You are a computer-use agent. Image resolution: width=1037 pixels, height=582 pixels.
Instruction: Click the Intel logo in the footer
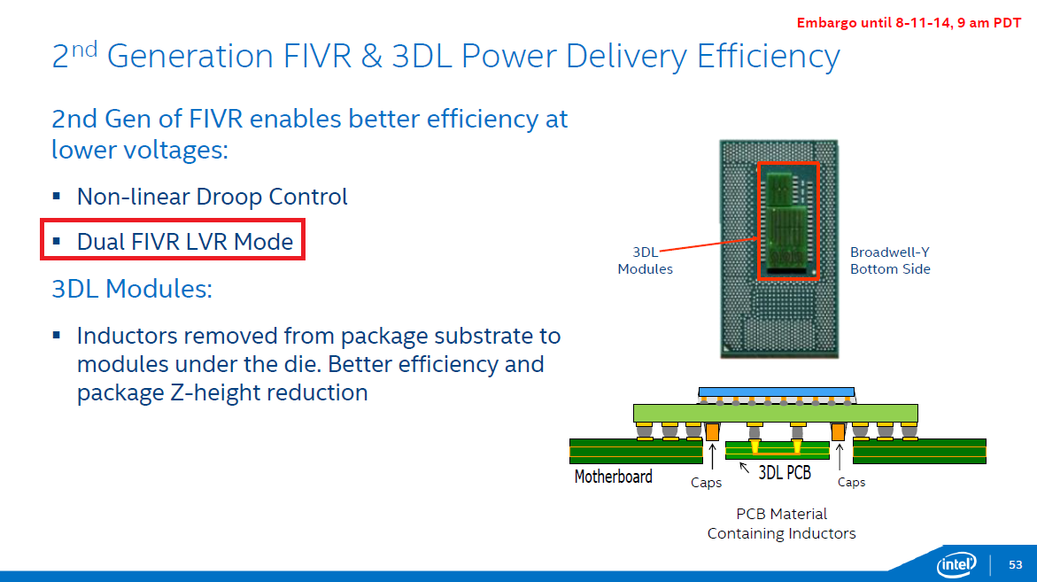coord(957,564)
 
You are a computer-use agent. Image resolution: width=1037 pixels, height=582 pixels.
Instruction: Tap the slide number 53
coord(1015,564)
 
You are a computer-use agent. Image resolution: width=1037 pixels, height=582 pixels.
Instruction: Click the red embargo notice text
coord(909,23)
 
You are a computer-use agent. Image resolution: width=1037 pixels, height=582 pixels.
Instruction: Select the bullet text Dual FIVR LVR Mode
coord(185,241)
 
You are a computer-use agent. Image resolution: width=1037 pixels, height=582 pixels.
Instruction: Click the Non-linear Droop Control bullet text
coord(213,196)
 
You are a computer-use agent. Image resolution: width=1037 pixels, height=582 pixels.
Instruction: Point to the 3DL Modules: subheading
coord(132,289)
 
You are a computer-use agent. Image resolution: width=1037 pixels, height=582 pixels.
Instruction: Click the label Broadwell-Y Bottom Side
coord(889,260)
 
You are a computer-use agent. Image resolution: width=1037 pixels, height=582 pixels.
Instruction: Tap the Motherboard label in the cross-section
coord(613,477)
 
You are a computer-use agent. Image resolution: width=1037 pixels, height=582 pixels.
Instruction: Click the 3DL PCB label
coord(785,473)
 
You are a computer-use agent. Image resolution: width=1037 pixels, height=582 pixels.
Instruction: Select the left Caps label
coord(706,483)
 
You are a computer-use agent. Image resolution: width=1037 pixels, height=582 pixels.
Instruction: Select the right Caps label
coord(851,483)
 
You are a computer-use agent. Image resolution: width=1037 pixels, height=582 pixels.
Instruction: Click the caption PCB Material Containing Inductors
coord(781,524)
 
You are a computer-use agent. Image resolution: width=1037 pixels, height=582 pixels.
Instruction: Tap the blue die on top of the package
coord(776,391)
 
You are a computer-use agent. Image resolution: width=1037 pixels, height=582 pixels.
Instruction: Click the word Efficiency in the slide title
coord(768,57)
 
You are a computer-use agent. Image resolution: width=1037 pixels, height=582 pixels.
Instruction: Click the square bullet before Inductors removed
coord(57,336)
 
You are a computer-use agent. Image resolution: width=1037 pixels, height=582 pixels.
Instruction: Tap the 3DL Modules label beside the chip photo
coord(645,260)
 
